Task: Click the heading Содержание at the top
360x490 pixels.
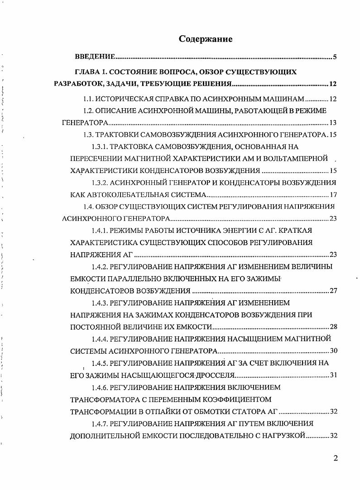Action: (x=206, y=39)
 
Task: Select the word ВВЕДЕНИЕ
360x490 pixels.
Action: (x=94, y=58)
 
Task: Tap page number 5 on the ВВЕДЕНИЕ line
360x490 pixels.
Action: (x=334, y=58)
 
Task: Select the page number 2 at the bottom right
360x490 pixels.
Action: (x=336, y=458)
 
